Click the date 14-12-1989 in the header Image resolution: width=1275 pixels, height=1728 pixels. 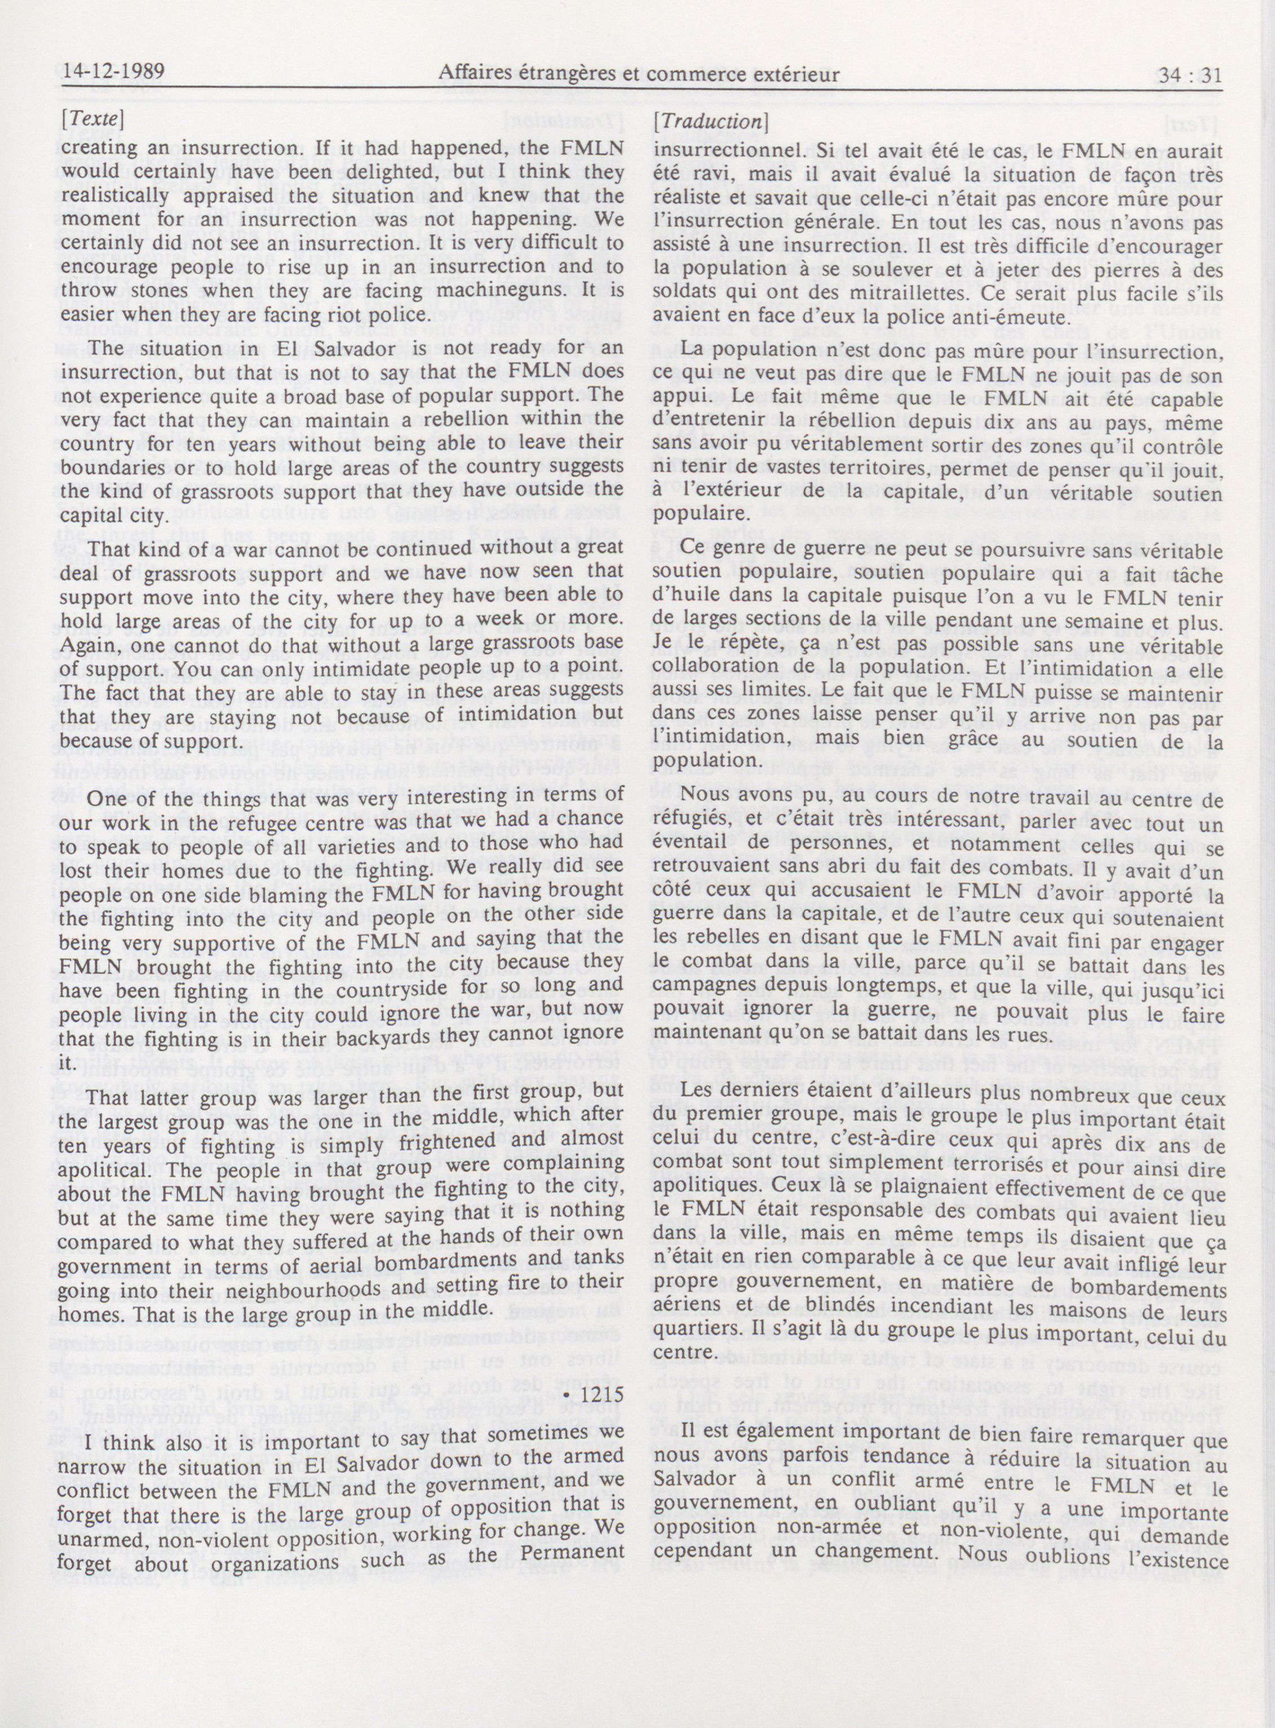(x=114, y=73)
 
